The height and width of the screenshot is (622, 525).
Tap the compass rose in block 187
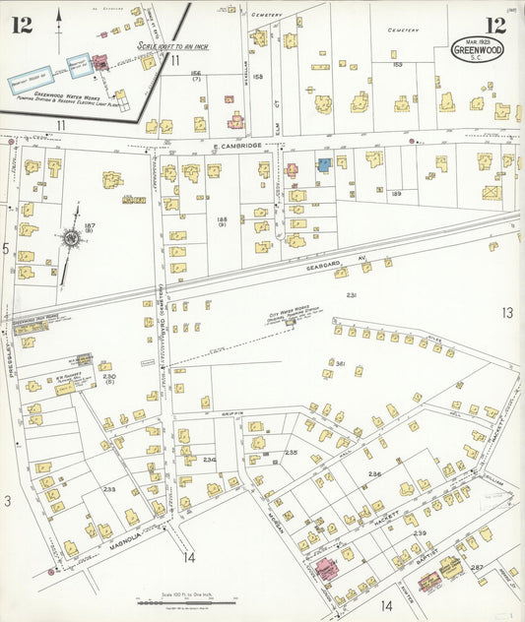click(x=71, y=237)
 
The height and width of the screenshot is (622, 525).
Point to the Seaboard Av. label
click(x=348, y=260)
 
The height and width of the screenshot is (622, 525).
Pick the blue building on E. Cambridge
click(x=323, y=164)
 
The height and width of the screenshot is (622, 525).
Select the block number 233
click(x=109, y=488)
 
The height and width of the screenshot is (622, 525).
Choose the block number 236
click(x=209, y=459)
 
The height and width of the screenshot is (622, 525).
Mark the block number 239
click(x=420, y=532)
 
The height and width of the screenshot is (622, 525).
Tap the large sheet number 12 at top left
click(x=22, y=25)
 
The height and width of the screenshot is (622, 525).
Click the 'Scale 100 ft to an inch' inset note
click(x=173, y=45)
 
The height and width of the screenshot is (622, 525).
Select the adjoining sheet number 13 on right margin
click(x=506, y=313)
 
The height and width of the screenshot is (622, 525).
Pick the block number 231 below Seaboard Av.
click(x=352, y=295)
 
